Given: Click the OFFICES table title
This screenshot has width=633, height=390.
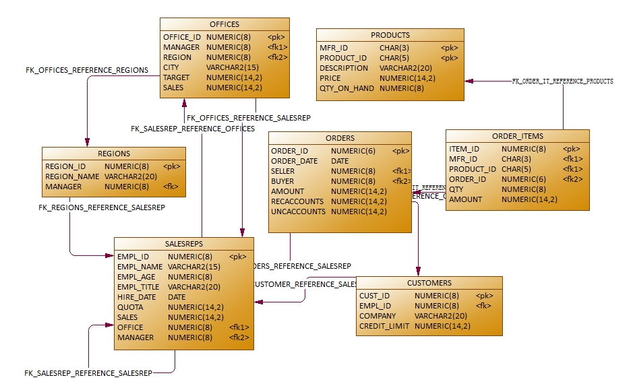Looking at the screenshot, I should click(x=224, y=24).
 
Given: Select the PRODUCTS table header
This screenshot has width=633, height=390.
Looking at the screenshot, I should click(x=390, y=35).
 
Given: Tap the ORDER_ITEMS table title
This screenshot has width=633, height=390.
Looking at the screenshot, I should click(x=517, y=136).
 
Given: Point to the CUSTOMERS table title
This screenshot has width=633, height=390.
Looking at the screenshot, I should click(x=429, y=283).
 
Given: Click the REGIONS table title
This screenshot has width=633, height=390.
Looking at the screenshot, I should click(x=113, y=154).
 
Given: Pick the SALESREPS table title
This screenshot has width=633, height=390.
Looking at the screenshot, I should click(x=183, y=244).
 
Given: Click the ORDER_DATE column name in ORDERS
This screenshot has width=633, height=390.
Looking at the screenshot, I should click(x=294, y=161).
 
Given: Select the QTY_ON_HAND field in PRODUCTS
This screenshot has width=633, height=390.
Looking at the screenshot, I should click(x=346, y=88).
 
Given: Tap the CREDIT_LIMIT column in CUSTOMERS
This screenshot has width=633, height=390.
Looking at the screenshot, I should click(x=384, y=326).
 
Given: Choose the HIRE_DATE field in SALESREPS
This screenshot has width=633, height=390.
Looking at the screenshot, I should click(x=136, y=297).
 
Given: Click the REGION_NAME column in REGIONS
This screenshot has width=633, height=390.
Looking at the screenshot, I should click(x=72, y=176).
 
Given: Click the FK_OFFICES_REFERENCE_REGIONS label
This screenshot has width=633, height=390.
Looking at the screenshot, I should click(x=86, y=70).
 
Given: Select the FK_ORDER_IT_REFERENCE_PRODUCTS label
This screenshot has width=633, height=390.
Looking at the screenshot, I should click(x=562, y=81).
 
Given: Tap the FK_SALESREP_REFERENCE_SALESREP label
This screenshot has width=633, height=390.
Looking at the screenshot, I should click(x=88, y=372).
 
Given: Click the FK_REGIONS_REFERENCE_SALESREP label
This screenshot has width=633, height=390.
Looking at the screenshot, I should click(x=101, y=207).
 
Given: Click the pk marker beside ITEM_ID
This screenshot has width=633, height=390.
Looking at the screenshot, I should click(x=571, y=149).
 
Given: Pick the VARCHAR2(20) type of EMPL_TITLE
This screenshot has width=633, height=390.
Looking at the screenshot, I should click(x=193, y=287).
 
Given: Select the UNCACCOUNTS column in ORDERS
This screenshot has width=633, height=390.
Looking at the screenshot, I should click(x=298, y=212).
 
